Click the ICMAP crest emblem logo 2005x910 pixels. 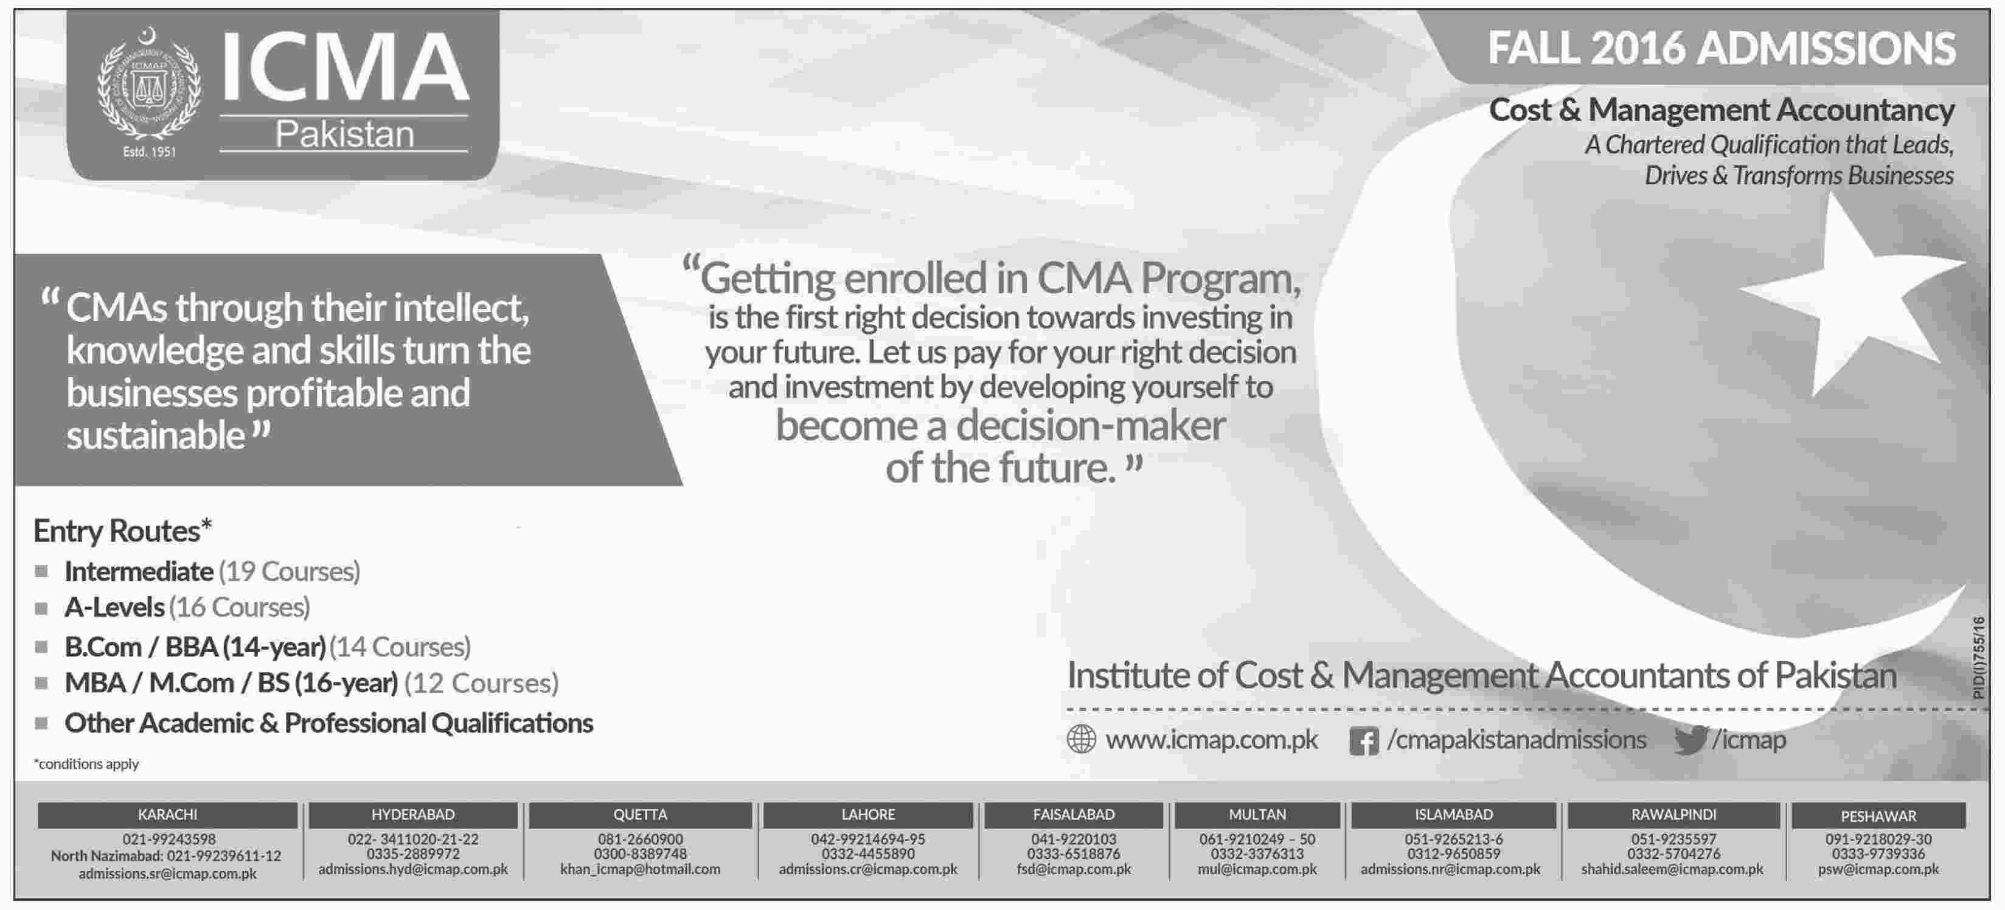click(x=148, y=86)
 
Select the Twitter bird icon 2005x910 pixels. click(x=1691, y=740)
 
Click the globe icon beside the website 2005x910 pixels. click(x=1081, y=738)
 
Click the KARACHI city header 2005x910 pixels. click(x=167, y=814)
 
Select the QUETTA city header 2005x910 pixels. click(x=640, y=814)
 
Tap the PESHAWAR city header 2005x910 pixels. click(x=1878, y=816)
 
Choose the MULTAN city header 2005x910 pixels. click(x=1257, y=814)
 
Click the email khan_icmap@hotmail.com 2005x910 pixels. click(x=641, y=869)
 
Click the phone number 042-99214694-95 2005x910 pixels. click(x=868, y=839)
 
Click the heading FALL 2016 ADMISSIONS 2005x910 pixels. click(x=1722, y=48)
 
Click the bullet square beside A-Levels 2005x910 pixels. click(x=41, y=608)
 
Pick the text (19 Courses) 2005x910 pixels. click(x=290, y=571)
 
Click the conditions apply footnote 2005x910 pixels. click(x=86, y=763)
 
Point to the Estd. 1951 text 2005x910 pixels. click(x=150, y=152)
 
